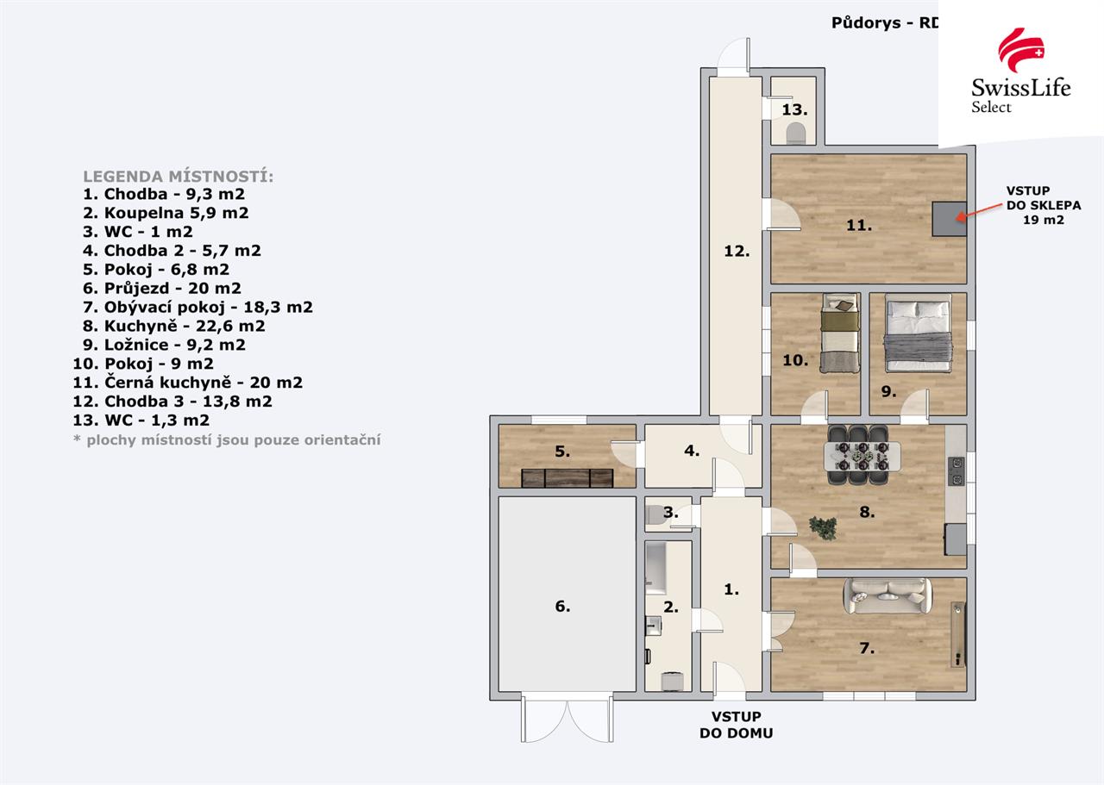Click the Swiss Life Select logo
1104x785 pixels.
click(x=1020, y=72)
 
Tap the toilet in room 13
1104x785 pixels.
click(x=795, y=133)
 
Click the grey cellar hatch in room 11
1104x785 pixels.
click(x=949, y=219)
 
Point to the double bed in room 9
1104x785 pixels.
click(x=918, y=333)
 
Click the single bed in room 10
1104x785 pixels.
click(x=840, y=333)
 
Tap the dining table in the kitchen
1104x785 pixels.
click(x=862, y=456)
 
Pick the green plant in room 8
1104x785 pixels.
click(x=823, y=527)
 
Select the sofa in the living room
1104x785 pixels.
click(x=888, y=595)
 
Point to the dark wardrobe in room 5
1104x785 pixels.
click(x=568, y=478)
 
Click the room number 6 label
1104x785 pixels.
click(x=562, y=607)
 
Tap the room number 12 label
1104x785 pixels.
click(x=737, y=251)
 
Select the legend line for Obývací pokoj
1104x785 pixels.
click(x=198, y=308)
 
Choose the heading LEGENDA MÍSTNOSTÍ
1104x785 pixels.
click(x=178, y=177)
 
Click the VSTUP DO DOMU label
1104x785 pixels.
click(x=737, y=725)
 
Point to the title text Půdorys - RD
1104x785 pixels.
click(x=885, y=22)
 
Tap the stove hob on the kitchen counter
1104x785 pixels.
click(x=957, y=472)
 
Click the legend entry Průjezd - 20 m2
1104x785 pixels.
click(x=162, y=288)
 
